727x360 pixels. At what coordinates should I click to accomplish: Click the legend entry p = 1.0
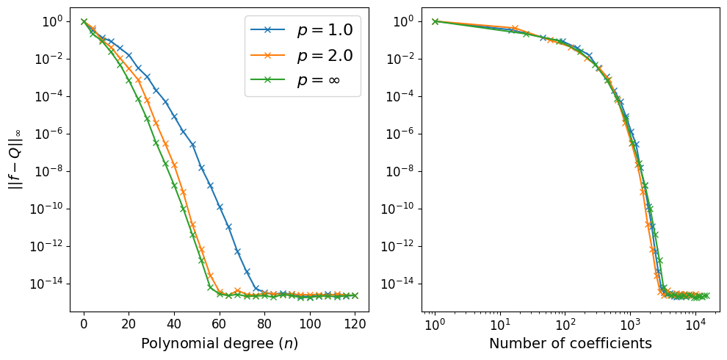[323, 30]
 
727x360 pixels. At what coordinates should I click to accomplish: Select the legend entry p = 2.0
[323, 56]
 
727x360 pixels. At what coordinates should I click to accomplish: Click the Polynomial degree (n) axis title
[219, 343]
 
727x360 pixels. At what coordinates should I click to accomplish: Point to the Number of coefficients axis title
[571, 343]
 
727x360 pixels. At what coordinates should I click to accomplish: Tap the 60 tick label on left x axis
[220, 323]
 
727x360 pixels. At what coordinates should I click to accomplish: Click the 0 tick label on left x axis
[84, 323]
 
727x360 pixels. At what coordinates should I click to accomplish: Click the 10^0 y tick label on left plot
[51, 21]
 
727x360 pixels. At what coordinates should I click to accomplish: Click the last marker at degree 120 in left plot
[355, 295]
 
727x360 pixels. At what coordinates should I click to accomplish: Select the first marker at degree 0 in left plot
[84, 21]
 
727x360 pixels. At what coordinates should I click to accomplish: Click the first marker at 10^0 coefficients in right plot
[435, 21]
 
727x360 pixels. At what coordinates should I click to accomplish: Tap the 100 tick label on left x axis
[310, 323]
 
